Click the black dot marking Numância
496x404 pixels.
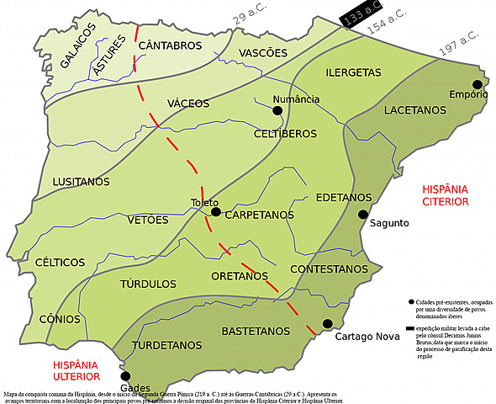click(277, 109)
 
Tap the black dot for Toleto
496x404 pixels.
click(216, 212)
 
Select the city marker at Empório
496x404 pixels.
click(477, 84)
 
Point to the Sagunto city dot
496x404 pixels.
click(363, 215)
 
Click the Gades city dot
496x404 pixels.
click(126, 376)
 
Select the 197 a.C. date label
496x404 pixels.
click(459, 45)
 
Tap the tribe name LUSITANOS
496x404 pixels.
click(81, 182)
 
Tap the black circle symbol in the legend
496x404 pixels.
click(409, 301)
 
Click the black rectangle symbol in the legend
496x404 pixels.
click(410, 328)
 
